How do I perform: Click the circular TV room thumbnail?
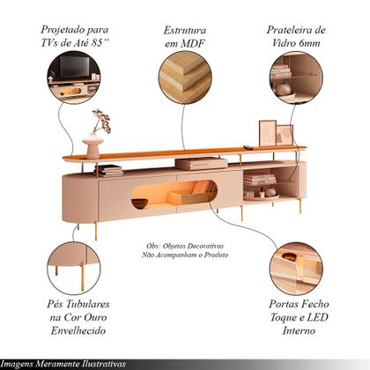[74, 78]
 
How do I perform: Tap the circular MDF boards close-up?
[185, 78]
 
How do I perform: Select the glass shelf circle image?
[296, 78]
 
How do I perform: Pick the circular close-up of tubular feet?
[74, 268]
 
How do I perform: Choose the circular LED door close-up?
[296, 268]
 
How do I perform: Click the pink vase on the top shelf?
[92, 145]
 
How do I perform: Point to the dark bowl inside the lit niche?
[139, 203]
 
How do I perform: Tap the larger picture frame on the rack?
[268, 133]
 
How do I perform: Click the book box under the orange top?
[201, 163]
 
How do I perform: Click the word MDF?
[193, 44]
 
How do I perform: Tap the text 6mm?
[309, 43]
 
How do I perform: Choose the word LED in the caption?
[317, 317]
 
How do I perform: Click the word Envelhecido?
[78, 330]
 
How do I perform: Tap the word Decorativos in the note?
[205, 246]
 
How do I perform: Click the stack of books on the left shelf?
[109, 170]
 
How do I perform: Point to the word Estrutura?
[185, 30]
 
